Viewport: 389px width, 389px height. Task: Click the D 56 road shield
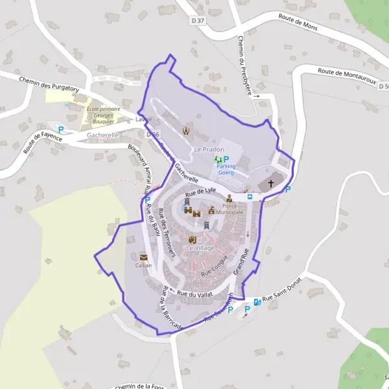[152, 134]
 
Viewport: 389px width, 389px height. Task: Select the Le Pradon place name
[209, 150]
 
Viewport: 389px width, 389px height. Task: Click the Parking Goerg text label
[226, 169]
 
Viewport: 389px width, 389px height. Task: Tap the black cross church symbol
[271, 185]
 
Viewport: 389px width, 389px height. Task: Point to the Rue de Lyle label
[200, 191]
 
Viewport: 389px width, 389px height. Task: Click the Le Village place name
[200, 248]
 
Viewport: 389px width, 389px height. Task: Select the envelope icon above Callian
[143, 256]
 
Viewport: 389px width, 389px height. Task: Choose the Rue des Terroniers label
[167, 237]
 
